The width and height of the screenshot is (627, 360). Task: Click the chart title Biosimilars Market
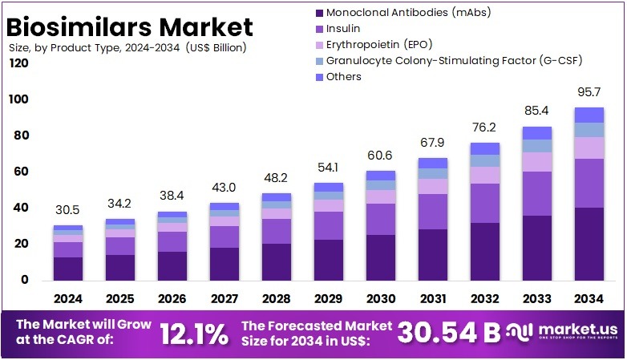pyautogui.click(x=130, y=26)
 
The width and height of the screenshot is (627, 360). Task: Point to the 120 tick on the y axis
pyautogui.click(x=18, y=63)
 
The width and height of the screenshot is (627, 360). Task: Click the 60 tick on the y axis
pyautogui.click(x=21, y=172)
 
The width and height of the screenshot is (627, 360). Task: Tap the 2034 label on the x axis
pyautogui.click(x=589, y=298)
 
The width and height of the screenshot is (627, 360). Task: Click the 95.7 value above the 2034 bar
pyautogui.click(x=589, y=92)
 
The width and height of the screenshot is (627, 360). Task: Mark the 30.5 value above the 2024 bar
pyautogui.click(x=68, y=209)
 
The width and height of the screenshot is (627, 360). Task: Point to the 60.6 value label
pyautogui.click(x=381, y=155)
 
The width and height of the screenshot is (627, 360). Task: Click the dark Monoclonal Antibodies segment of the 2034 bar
pyautogui.click(x=589, y=244)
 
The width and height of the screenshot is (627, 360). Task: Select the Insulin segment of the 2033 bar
pyautogui.click(x=537, y=193)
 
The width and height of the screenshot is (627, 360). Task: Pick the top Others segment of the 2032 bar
pyautogui.click(x=485, y=148)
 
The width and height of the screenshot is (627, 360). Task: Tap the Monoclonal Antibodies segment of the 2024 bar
pyautogui.click(x=68, y=269)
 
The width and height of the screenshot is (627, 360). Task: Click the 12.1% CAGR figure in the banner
pyautogui.click(x=193, y=334)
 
